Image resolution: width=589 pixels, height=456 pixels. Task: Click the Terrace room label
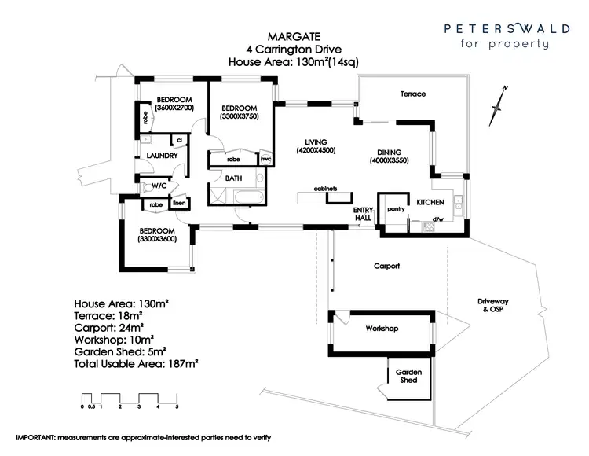[412, 94]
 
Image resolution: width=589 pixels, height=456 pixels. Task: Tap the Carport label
[386, 267]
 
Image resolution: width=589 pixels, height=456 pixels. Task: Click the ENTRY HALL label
[363, 215]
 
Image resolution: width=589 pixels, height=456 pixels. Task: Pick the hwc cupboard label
[265, 158]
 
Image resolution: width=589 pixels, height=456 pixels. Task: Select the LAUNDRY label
[161, 156]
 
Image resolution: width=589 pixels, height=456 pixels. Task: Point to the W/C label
[159, 186]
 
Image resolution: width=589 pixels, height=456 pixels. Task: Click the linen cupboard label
[179, 204]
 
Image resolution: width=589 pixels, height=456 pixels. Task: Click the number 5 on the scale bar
[177, 406]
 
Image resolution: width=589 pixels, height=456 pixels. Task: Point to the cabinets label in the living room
[325, 189]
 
